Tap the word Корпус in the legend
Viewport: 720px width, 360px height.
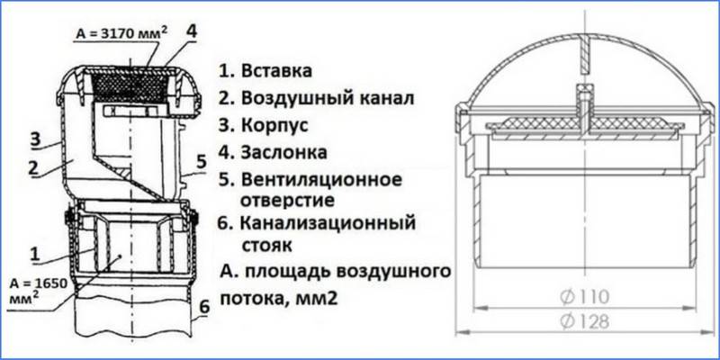click(x=274, y=123)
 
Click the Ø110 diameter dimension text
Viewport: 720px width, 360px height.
click(x=588, y=296)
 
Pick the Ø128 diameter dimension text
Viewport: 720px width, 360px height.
click(x=588, y=319)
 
